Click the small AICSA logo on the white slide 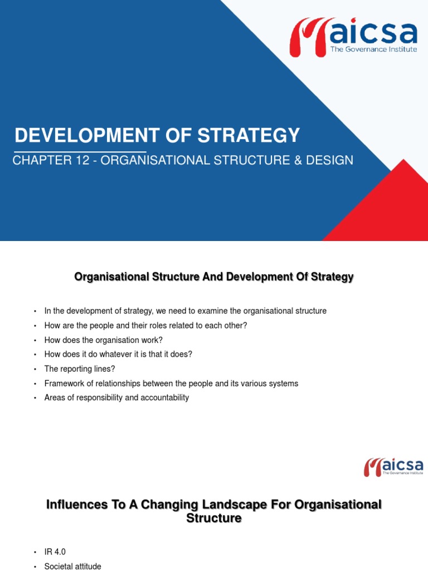tap(393, 466)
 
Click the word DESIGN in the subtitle tap(333, 160)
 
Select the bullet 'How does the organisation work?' tap(103, 340)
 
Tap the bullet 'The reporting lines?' tap(79, 368)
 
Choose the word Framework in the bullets tap(62, 383)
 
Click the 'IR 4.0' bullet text tap(55, 552)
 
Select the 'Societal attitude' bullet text tap(72, 566)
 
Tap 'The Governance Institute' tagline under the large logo tap(374, 49)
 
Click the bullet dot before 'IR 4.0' tap(35, 552)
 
